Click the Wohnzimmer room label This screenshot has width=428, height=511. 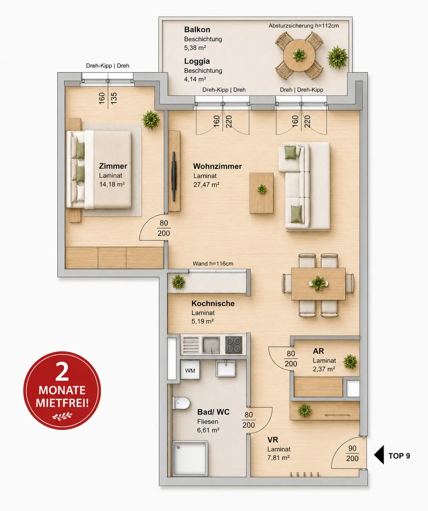pyautogui.click(x=217, y=166)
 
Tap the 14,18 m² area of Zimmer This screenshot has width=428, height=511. pyautogui.click(x=112, y=184)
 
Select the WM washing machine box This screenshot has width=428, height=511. pyautogui.click(x=190, y=370)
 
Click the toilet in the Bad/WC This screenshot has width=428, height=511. pyautogui.click(x=182, y=403)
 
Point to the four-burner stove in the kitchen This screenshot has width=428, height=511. pyautogui.click(x=234, y=345)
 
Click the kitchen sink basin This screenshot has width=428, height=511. pyautogui.click(x=211, y=345)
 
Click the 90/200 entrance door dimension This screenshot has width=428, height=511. pyautogui.click(x=352, y=453)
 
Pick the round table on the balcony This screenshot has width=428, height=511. pyautogui.click(x=299, y=55)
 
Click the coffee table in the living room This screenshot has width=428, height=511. pyautogui.click(x=261, y=193)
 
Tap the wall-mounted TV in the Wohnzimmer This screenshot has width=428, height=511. pyautogui.click(x=174, y=176)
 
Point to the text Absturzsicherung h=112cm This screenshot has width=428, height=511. pyautogui.click(x=303, y=26)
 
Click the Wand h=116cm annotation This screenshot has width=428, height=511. pyautogui.click(x=213, y=264)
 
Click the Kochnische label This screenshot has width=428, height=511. pyautogui.click(x=213, y=303)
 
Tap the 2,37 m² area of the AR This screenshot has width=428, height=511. pyautogui.click(x=324, y=369)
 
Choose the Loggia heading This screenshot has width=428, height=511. pyautogui.click(x=197, y=61)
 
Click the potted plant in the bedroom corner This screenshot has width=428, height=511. pyautogui.click(x=151, y=120)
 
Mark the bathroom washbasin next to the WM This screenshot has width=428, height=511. pyautogui.click(x=226, y=368)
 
